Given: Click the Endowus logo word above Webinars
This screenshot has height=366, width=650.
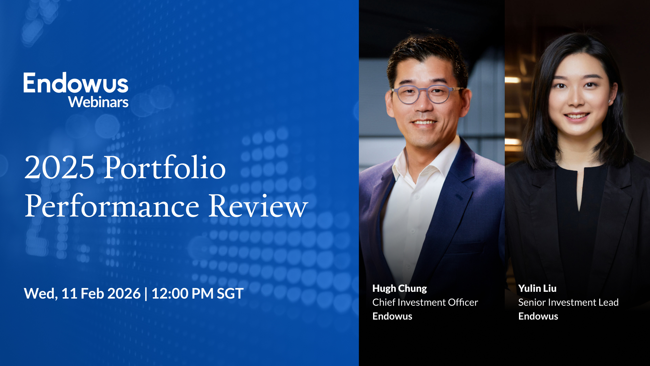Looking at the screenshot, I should point(76,83).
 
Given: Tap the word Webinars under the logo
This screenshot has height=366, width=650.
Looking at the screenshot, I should point(98,102).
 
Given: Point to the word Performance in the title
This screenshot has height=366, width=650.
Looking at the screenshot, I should point(112,206).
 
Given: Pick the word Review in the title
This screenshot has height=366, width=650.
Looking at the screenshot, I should point(258,206).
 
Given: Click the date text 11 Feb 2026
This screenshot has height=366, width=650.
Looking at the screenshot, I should point(101,293).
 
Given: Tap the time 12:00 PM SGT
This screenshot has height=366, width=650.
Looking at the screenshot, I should point(197,293).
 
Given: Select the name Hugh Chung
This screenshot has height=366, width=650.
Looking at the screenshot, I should point(399,288).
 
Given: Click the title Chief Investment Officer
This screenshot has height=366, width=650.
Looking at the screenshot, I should point(425,302).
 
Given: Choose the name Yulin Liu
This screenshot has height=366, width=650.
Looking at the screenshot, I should point(537,288).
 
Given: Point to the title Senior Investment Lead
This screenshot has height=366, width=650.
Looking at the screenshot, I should point(568,302).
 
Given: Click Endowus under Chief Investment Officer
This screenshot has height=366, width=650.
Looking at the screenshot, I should point(392,316).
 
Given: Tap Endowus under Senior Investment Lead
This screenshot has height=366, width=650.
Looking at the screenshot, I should point(538,316).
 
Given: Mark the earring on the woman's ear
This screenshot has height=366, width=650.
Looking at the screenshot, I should point(609,101).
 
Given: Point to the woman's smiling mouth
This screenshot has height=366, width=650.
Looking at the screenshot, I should point(577,116).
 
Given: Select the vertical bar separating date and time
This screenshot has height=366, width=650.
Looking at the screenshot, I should point(146,293).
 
